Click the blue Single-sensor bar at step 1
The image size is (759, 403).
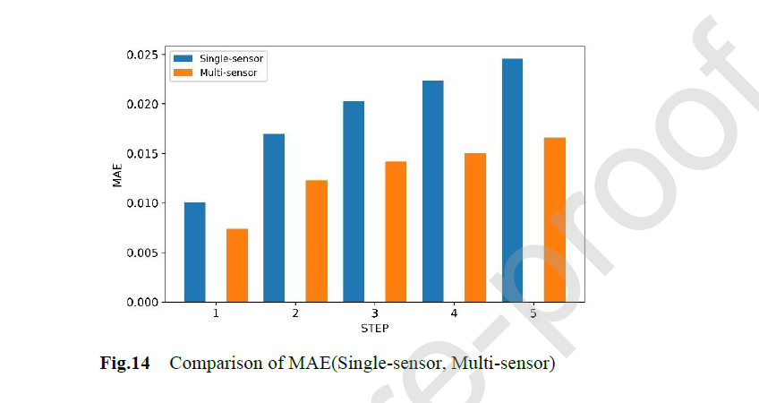[x=194, y=253]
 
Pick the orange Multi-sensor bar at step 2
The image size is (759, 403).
[x=317, y=241]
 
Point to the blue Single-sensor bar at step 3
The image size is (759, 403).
[x=354, y=201]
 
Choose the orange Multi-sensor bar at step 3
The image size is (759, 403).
[x=396, y=232]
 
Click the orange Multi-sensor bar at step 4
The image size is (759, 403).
[x=475, y=227]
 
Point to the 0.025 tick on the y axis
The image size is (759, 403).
[x=140, y=56]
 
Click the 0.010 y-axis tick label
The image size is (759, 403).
[x=140, y=203]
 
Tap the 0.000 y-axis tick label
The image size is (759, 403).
[x=140, y=303]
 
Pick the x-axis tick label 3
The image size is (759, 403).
[x=374, y=315]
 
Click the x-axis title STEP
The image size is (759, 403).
[x=374, y=329]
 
